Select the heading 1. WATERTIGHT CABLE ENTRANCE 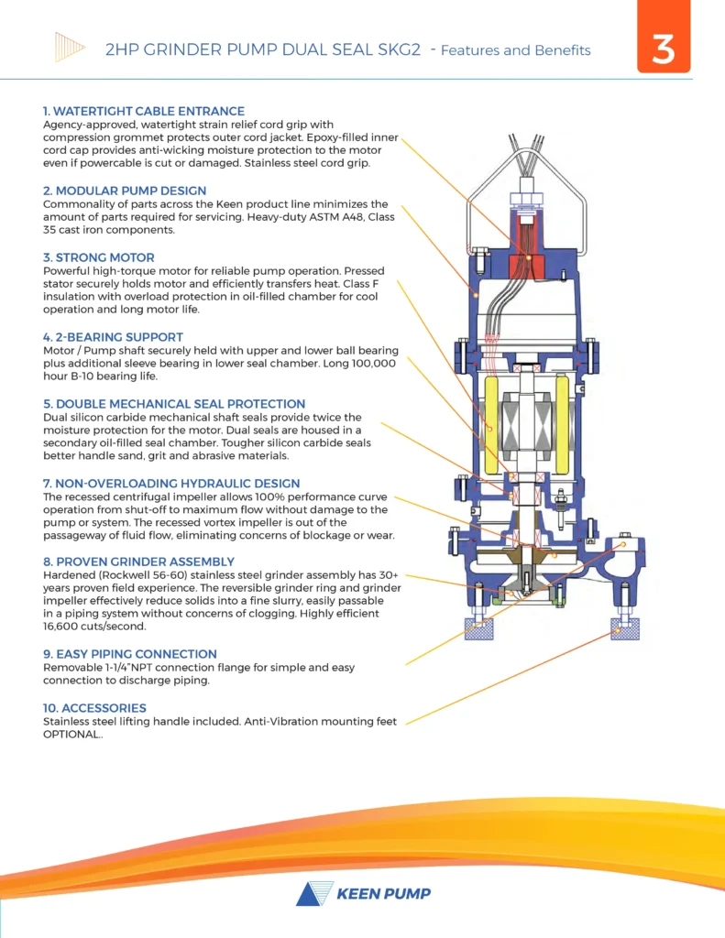pyautogui.click(x=144, y=111)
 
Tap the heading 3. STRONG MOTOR pyautogui.click(x=99, y=257)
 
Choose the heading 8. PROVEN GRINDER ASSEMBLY pyautogui.click(x=138, y=562)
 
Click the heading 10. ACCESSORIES pyautogui.click(x=94, y=708)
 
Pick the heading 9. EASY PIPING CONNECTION pyautogui.click(x=130, y=654)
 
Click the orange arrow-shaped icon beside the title pyautogui.click(x=70, y=46)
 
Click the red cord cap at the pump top pyautogui.click(x=525, y=266)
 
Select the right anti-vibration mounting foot pyautogui.click(x=626, y=628)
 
